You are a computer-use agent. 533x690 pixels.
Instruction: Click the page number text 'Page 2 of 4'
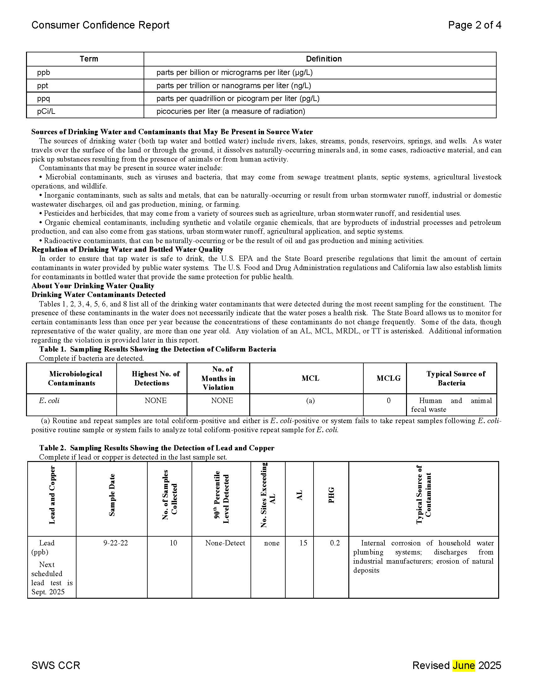(474, 25)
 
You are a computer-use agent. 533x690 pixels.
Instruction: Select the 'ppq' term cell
(44, 98)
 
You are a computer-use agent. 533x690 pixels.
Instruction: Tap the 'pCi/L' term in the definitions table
(46, 112)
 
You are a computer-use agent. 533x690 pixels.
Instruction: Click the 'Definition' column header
(324, 59)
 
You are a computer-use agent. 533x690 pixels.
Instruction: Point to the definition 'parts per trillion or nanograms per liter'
(234, 86)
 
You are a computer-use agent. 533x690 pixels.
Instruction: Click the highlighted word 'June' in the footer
(463, 665)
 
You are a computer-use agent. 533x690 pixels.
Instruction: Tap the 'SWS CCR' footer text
(56, 665)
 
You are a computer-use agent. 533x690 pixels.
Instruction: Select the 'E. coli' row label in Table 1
(49, 401)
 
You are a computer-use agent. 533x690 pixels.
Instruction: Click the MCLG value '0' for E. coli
(388, 401)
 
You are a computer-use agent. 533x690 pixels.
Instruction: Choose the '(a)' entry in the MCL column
(310, 401)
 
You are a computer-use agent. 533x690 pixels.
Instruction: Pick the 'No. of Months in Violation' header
(219, 378)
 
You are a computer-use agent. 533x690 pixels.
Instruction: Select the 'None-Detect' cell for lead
(225, 543)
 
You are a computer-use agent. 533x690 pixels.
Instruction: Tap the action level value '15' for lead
(303, 543)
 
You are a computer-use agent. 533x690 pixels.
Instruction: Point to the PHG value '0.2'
(335, 543)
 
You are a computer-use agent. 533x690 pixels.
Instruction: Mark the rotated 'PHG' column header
(331, 495)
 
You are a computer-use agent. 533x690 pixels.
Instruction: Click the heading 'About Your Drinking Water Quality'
(93, 286)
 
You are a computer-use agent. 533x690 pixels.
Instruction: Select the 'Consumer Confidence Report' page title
(100, 25)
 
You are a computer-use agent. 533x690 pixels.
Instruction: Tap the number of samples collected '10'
(173, 543)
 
